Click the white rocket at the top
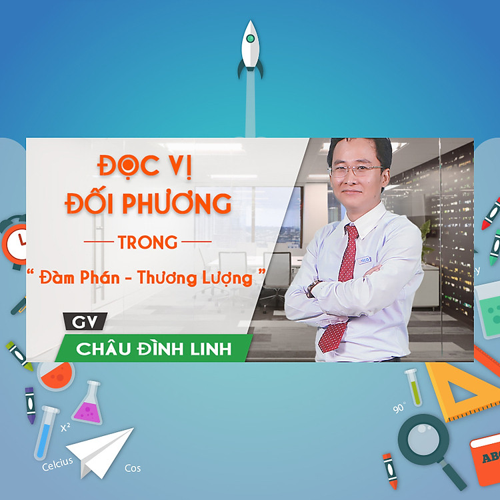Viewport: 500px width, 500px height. [251, 47]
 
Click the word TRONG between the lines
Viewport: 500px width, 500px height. [147, 241]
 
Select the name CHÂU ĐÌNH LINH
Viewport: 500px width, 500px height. [153, 348]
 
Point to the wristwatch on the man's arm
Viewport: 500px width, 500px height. [314, 287]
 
